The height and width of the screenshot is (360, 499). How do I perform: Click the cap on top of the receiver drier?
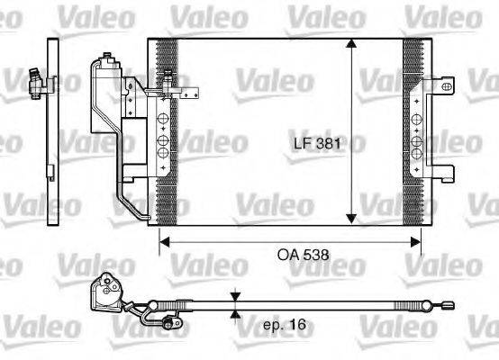pos(112,58)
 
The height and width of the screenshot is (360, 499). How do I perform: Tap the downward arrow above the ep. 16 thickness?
pos(235,296)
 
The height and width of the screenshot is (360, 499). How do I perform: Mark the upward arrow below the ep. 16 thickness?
pos(235,314)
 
